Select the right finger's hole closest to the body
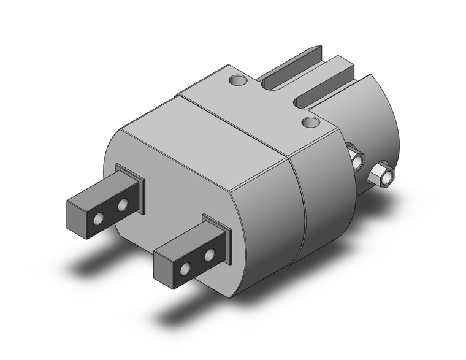click(x=210, y=253)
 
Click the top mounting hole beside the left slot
click(x=237, y=80)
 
